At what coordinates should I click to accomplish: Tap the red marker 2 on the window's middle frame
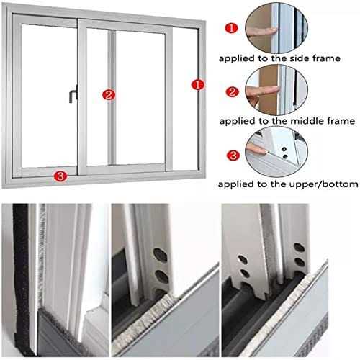point(109,94)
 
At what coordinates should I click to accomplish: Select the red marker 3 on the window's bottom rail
point(60,174)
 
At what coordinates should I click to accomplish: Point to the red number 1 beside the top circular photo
point(230,29)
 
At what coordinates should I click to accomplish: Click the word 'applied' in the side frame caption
point(238,58)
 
